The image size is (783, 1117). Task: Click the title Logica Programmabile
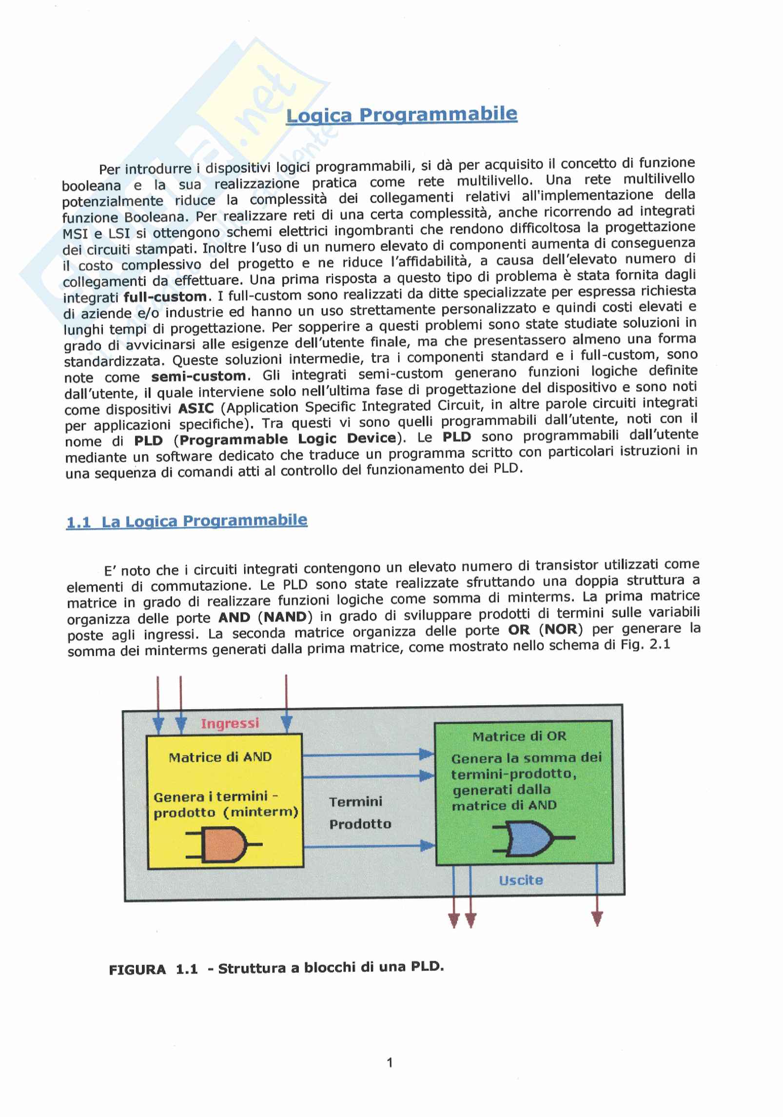pos(401,115)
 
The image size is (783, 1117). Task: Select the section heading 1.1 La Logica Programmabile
pos(186,521)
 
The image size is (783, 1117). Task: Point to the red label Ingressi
pos(230,723)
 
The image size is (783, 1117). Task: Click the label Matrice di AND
pos(220,757)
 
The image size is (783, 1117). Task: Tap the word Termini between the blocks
pos(355,802)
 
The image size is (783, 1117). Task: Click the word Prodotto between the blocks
pos(360,824)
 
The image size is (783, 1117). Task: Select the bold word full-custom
pos(165,297)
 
